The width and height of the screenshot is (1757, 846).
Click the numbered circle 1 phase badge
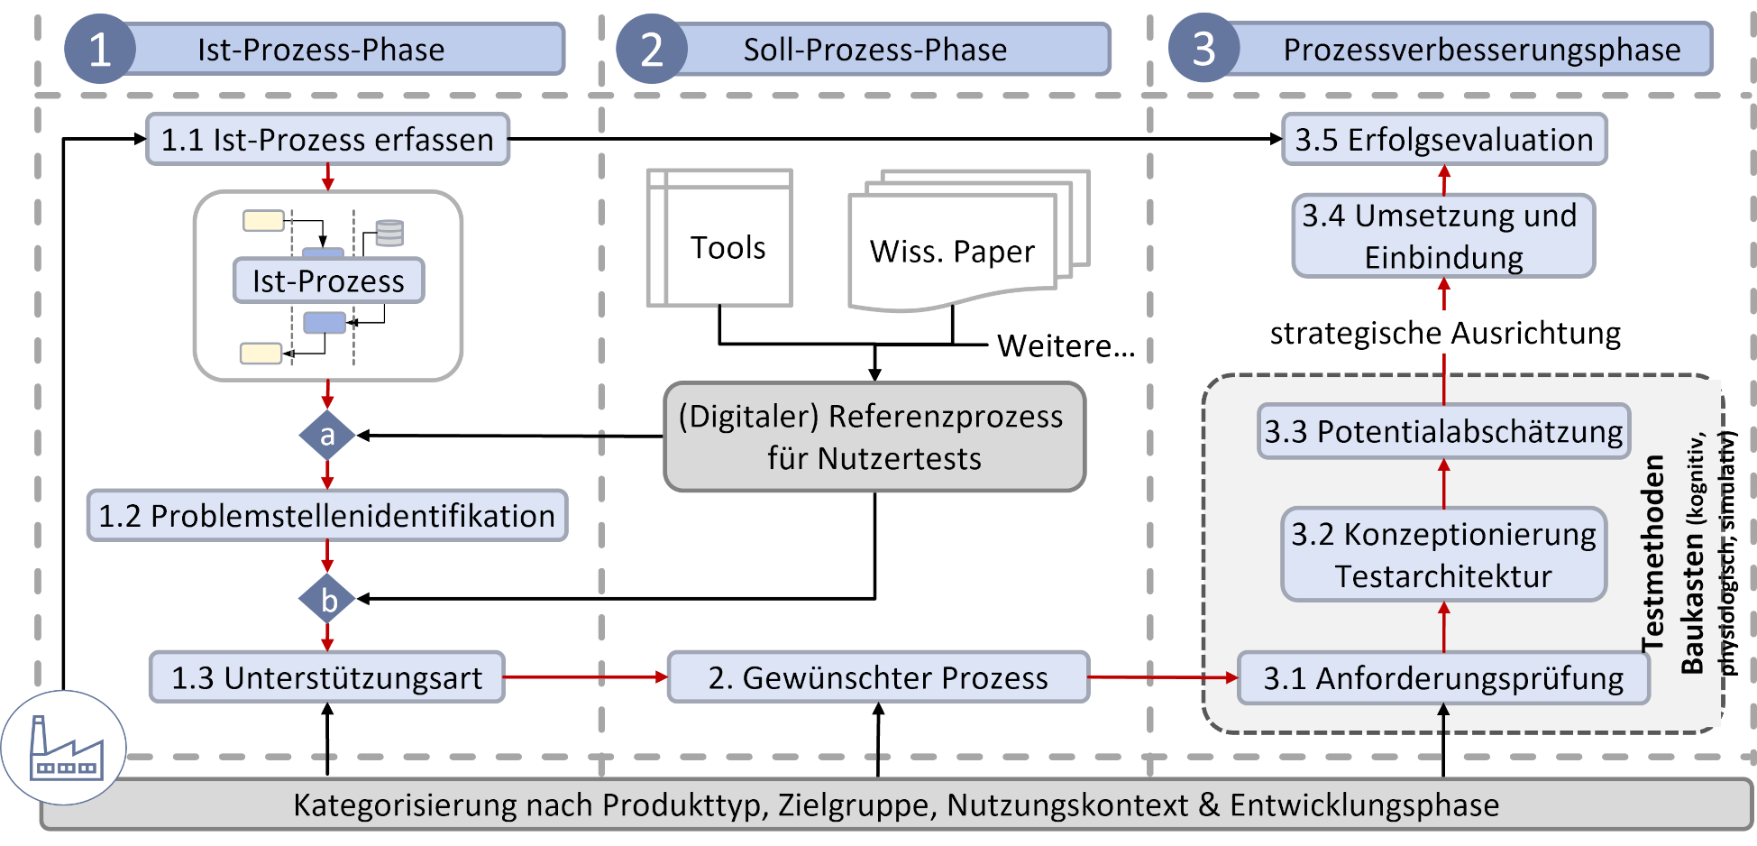(99, 49)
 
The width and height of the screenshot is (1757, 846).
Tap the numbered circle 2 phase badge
(651, 49)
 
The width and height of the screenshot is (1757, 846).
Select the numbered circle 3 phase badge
(1203, 49)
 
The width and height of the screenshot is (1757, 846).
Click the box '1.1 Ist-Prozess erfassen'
(327, 139)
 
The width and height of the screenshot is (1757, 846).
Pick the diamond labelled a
(327, 436)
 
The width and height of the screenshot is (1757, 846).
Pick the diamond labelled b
(327, 600)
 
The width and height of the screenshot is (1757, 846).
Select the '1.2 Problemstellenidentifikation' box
(327, 516)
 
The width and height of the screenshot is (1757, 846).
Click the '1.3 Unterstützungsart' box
(327, 677)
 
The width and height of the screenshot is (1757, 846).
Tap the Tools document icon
(719, 239)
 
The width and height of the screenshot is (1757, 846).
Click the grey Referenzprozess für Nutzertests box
(874, 437)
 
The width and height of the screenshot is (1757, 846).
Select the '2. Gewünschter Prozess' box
(877, 677)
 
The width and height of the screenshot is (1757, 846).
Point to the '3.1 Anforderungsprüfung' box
(1443, 678)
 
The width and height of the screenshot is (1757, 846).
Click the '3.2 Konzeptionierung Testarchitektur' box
(1443, 555)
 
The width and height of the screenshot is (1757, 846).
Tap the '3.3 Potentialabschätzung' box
(1443, 431)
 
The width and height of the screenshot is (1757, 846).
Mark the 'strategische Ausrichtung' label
(1445, 333)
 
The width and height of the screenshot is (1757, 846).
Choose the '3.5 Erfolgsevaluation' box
(1444, 139)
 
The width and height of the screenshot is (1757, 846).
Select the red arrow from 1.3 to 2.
(586, 676)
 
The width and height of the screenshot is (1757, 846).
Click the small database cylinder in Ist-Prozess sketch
(389, 233)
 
